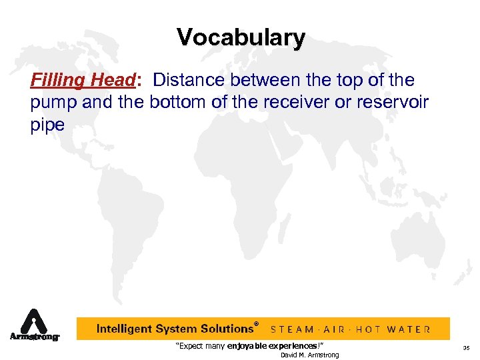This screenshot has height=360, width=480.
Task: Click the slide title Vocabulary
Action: point(241,37)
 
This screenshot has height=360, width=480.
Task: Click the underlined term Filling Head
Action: point(83,81)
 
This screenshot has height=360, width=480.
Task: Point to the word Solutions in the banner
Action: point(222,329)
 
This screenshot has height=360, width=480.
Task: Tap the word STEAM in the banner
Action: point(293,329)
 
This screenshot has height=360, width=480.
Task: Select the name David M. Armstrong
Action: point(309,355)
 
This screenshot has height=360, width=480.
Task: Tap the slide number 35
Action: point(466,348)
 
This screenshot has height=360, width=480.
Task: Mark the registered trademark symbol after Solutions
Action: point(257,324)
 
